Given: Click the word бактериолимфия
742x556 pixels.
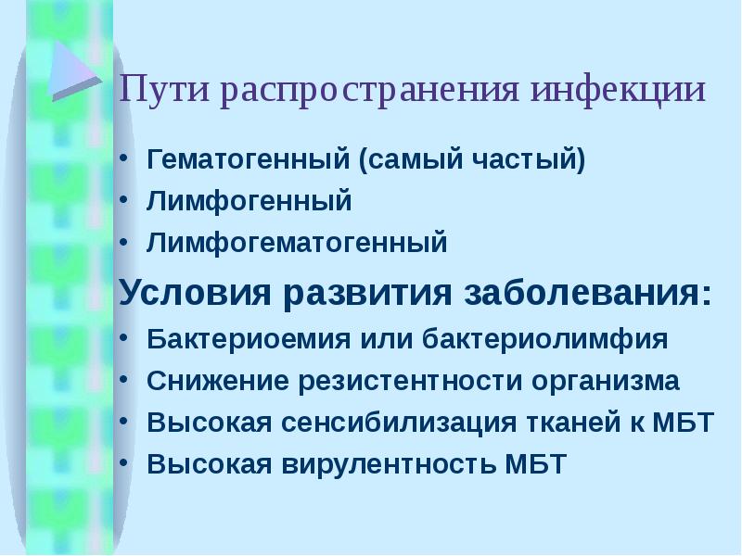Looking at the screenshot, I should click(546, 339).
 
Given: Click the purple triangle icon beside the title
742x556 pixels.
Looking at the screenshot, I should click(73, 69).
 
